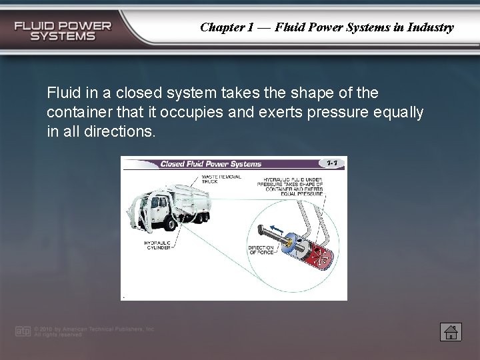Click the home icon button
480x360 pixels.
click(x=449, y=331)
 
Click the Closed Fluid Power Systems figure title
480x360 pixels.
click(x=211, y=163)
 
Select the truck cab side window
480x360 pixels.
click(x=155, y=203)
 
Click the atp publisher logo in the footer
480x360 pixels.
click(x=22, y=331)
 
